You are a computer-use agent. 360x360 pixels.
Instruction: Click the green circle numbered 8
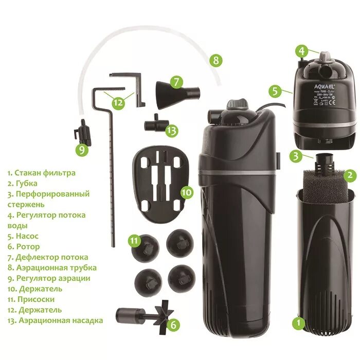[x=216, y=61]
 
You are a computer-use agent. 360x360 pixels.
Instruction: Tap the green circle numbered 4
[x=301, y=51]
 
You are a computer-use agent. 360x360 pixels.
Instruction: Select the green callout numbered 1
[x=297, y=323]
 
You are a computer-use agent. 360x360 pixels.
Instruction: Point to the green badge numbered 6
[x=173, y=324]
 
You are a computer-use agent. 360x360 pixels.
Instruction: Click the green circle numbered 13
[x=171, y=131]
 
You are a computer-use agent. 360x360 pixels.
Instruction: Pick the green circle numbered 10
[x=186, y=192]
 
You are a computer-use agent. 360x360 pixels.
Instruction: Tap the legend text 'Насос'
[x=26, y=236]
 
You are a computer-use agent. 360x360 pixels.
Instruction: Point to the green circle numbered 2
[x=350, y=175]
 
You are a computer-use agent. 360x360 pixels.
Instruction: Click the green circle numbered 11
[x=134, y=240]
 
